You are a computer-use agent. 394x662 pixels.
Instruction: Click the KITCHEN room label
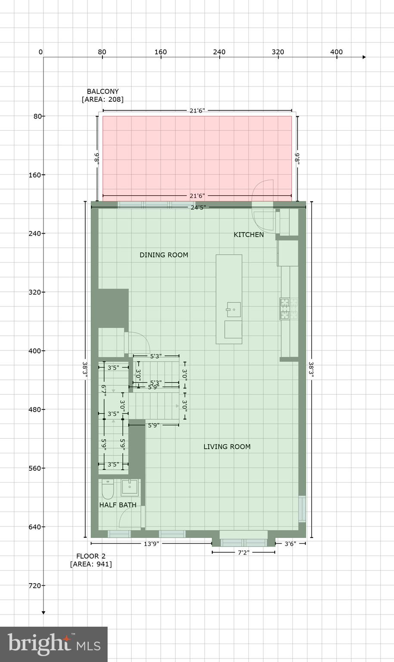click(248, 235)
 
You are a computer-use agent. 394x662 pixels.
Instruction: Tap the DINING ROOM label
click(164, 255)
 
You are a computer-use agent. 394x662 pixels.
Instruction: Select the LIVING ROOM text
click(227, 447)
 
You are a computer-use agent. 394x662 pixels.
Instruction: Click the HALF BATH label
click(118, 505)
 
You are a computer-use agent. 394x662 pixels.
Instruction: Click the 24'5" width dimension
click(198, 207)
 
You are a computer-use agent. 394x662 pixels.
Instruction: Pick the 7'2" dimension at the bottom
click(243, 552)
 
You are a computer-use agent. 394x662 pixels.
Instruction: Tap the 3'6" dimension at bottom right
click(290, 544)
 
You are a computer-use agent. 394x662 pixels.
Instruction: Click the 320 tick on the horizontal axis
click(278, 52)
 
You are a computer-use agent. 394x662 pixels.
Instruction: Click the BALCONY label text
click(102, 91)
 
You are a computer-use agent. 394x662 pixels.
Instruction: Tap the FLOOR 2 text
click(91, 556)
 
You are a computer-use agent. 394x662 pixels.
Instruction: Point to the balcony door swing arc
click(262, 190)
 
